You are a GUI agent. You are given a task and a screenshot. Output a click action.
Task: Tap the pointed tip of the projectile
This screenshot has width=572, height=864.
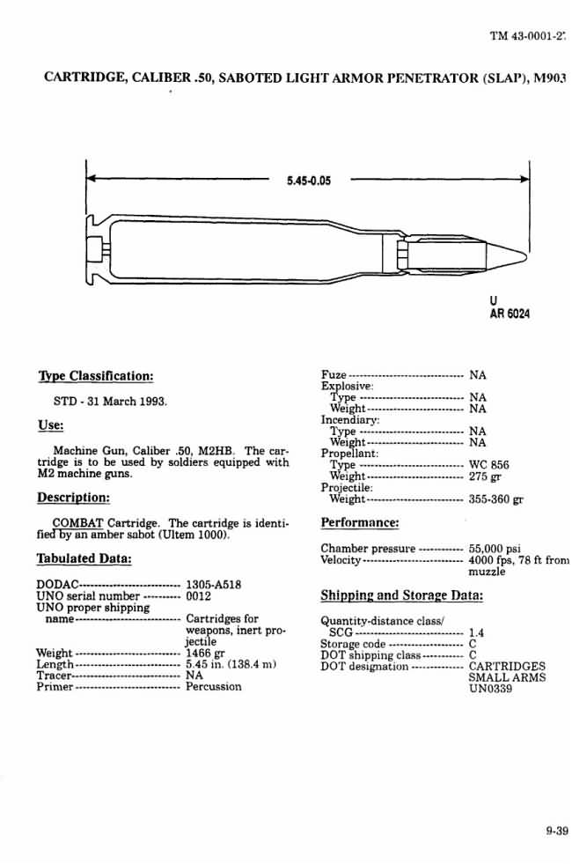tap(524, 256)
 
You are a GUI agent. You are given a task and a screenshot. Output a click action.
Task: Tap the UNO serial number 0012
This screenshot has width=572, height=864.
tap(199, 595)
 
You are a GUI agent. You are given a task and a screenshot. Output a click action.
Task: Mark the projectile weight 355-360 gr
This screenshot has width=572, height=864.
tap(497, 500)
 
